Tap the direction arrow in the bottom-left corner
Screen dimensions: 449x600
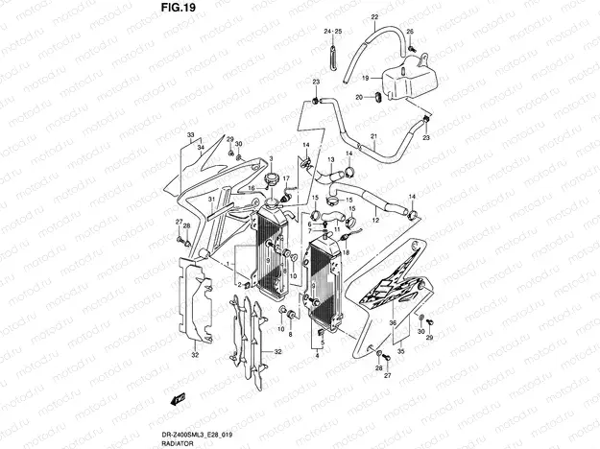tap(179, 398)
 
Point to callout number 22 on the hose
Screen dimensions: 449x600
tap(373, 19)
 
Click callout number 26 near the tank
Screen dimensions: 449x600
tap(410, 32)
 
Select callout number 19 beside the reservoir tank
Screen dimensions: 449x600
tap(366, 78)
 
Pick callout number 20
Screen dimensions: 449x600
tap(360, 97)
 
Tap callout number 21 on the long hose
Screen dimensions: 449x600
tap(373, 135)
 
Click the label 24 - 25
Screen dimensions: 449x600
tap(333, 32)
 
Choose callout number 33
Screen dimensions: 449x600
tap(191, 135)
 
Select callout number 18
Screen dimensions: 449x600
tap(347, 251)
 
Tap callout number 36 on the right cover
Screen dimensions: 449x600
tap(393, 324)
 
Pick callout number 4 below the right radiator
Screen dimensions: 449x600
tap(317, 355)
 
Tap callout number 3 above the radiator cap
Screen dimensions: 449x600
tap(272, 158)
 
